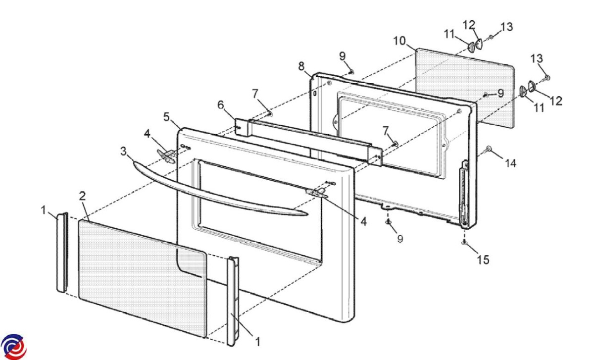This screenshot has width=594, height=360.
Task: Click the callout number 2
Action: tap(83, 196)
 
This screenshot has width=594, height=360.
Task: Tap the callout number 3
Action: tap(124, 151)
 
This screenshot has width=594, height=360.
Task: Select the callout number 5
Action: tap(166, 117)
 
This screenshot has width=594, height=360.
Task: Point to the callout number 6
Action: tap(221, 105)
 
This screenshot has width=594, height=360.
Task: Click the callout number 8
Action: tap(301, 66)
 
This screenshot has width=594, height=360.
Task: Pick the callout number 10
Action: tap(399, 41)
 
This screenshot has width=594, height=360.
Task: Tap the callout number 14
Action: tap(510, 163)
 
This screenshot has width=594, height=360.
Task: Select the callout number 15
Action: tap(483, 259)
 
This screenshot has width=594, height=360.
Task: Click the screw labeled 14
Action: tap(488, 149)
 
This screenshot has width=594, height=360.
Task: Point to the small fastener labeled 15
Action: tap(464, 242)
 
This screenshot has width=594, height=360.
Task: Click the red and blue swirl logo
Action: tap(13, 347)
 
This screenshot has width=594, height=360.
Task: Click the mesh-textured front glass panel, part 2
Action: tap(143, 279)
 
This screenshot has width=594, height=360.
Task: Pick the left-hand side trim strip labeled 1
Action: tap(62, 252)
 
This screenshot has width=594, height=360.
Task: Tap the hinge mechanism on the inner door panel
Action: tap(464, 194)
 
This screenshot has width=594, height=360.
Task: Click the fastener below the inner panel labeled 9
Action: tap(388, 221)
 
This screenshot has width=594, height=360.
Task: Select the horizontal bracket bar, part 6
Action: tap(309, 142)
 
